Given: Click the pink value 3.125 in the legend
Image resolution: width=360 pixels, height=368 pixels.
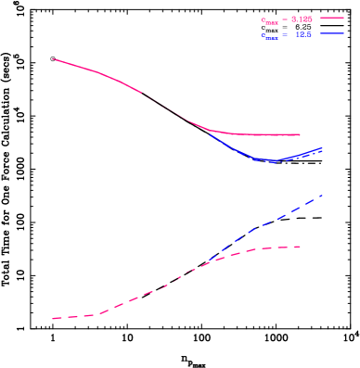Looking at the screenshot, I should click(x=302, y=19).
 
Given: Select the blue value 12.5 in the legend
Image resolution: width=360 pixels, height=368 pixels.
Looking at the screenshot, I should click(x=303, y=35).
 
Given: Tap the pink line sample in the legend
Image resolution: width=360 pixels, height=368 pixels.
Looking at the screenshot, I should click(x=332, y=18).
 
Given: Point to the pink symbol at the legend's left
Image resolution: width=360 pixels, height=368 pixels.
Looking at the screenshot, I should click(x=263, y=19).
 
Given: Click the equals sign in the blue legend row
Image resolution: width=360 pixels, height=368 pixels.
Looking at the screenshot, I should click(x=286, y=35).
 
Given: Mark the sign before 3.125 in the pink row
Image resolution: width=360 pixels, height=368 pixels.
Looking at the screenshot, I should click(x=285, y=19).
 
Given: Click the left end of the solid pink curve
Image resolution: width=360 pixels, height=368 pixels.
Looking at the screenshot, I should click(x=53, y=58).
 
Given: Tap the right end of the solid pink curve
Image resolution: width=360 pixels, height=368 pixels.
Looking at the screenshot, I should click(x=300, y=134).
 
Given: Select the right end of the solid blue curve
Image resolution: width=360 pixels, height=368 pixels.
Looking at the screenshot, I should click(x=322, y=148).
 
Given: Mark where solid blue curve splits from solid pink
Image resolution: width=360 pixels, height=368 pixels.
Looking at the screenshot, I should click(x=209, y=131).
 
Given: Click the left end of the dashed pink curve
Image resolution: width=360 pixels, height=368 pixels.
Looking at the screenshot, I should click(x=54, y=318).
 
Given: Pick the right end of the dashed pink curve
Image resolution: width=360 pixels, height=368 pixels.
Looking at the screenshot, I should click(x=301, y=246).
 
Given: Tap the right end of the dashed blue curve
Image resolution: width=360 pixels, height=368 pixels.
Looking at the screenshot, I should click(x=322, y=195).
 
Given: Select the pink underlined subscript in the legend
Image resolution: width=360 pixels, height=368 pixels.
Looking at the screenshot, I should click(x=271, y=21).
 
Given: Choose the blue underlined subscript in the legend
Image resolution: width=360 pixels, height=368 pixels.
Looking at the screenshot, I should click(x=271, y=38).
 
